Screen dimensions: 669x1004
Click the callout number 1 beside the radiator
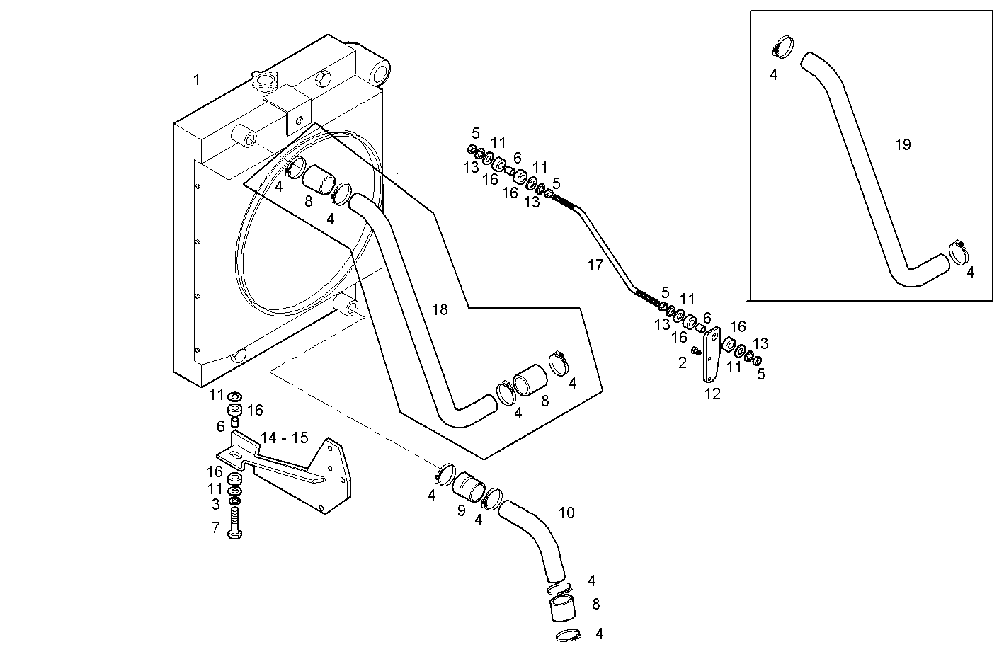[x=197, y=80]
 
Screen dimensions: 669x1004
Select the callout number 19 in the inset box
[x=903, y=145]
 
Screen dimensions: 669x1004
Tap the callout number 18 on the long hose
[x=440, y=310]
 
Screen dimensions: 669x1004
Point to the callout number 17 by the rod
[x=595, y=265]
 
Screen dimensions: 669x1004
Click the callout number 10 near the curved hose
[x=566, y=513]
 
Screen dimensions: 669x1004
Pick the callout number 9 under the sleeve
[x=461, y=510]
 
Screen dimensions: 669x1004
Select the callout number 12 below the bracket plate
[x=712, y=394]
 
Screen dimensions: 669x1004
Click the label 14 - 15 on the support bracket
[x=285, y=438]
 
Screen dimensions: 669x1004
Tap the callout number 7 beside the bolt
[x=216, y=528]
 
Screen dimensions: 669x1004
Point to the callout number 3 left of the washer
[x=216, y=504]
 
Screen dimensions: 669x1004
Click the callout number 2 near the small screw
[x=683, y=363]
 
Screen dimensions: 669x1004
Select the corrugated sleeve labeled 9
[x=468, y=487]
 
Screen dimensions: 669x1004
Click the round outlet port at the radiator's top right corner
[x=380, y=71]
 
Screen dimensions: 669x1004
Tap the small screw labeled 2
[x=696, y=350]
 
